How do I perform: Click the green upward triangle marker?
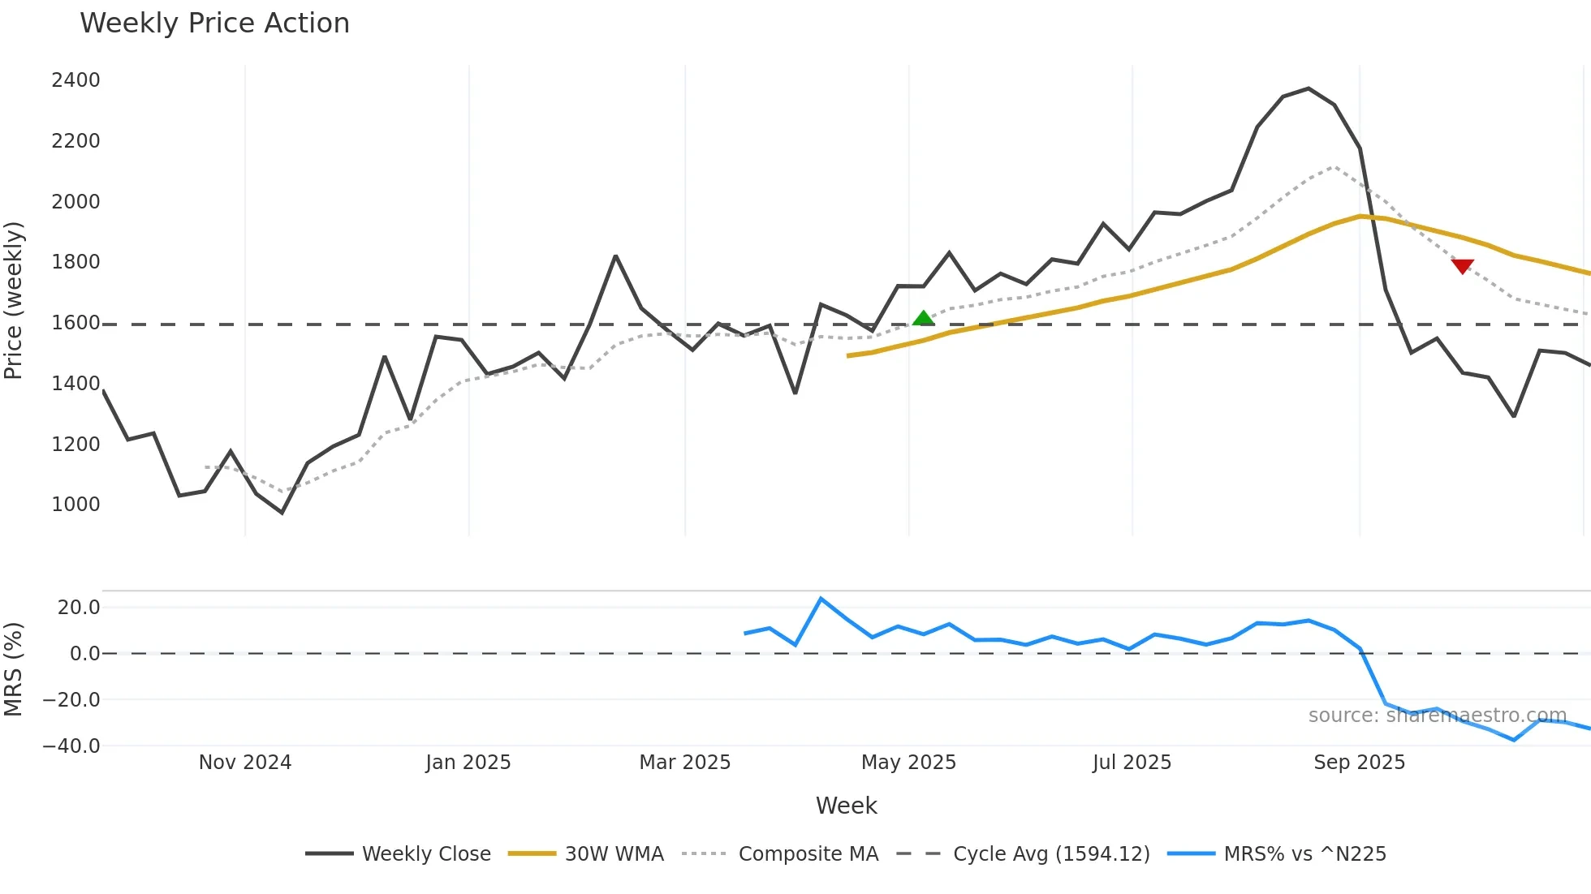click(x=923, y=318)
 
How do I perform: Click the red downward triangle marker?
click(x=1462, y=266)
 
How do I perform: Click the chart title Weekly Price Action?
click(x=214, y=24)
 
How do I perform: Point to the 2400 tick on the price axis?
click(x=75, y=80)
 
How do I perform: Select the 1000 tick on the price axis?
click(x=75, y=505)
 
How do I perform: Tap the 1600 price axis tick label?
click(x=75, y=323)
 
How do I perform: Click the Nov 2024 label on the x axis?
click(x=245, y=763)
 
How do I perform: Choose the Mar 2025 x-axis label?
click(x=685, y=763)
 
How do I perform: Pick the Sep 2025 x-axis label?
click(x=1360, y=763)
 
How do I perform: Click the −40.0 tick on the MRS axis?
click(x=71, y=746)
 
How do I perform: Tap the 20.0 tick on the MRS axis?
click(x=79, y=608)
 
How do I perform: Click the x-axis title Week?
click(x=846, y=806)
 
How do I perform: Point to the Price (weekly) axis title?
click(x=14, y=300)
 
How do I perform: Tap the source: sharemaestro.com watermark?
click(x=1437, y=716)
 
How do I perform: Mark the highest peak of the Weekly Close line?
click(x=1309, y=88)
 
